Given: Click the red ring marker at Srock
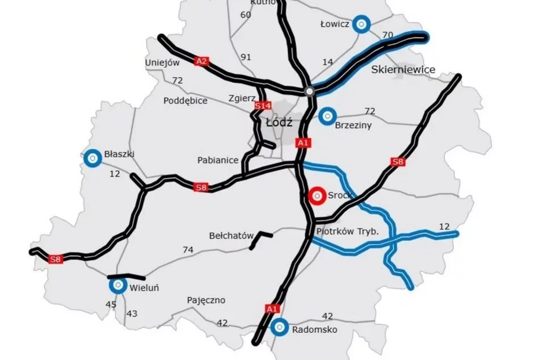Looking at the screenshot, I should click(317, 195).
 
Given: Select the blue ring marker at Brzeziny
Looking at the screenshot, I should click(327, 116).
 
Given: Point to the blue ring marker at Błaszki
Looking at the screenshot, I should click(91, 157).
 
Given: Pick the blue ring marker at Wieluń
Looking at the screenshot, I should click(118, 286).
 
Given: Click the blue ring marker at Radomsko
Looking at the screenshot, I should click(279, 327).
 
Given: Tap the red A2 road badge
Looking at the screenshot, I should click(201, 61).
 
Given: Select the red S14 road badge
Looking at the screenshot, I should click(262, 106).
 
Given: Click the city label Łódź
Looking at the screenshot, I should click(278, 122).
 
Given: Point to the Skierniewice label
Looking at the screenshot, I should click(403, 69).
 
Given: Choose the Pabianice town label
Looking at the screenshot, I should click(218, 160).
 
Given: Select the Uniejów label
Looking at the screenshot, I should click(162, 62).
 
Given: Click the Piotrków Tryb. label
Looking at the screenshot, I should click(347, 233).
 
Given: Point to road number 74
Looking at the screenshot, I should click(188, 249).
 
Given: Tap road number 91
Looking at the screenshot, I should click(246, 57).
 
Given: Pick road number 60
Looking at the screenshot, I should click(246, 14).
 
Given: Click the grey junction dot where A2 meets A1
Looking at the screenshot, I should click(309, 91).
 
